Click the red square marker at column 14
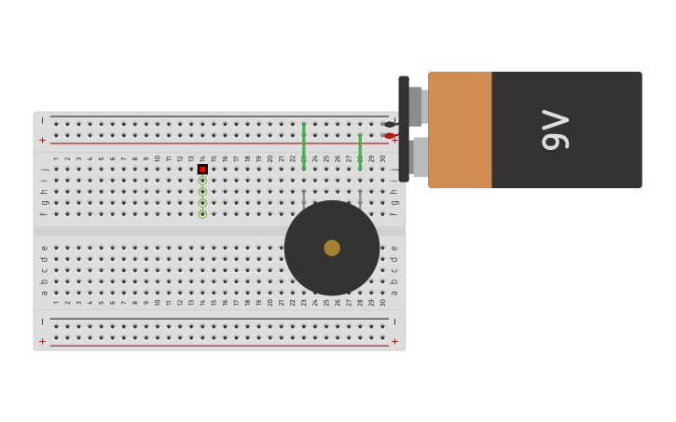point(202,170)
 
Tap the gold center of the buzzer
point(332,248)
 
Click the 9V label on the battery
point(555,129)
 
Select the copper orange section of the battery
point(460,129)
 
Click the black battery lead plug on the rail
point(389,124)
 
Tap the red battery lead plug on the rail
point(389,136)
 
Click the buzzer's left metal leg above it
point(304,197)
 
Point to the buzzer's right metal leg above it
point(360,197)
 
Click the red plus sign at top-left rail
point(42,140)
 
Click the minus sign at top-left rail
point(42,121)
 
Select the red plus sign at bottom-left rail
point(42,341)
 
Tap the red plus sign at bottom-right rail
point(394,341)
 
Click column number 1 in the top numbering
point(56,158)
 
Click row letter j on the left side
point(44,170)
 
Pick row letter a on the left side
point(44,293)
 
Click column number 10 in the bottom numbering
point(158,302)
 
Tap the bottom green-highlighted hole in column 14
point(202,214)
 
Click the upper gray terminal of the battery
point(416,105)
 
